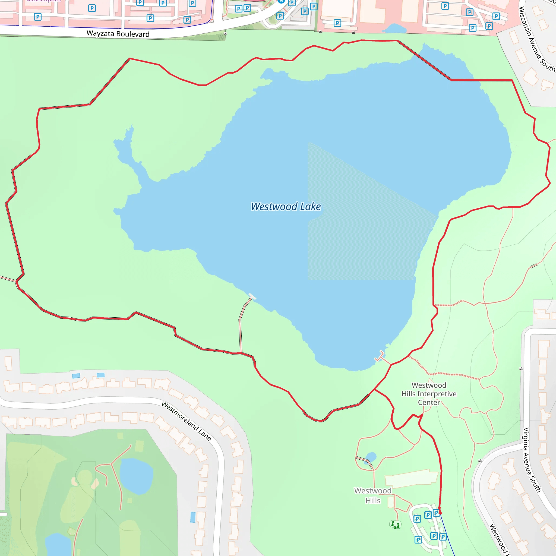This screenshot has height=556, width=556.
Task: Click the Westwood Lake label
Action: [x=286, y=207]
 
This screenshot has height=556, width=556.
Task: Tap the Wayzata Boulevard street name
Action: [x=118, y=34]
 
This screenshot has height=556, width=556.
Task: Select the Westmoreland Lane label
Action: [x=187, y=421]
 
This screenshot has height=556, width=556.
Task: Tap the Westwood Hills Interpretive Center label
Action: [x=429, y=394]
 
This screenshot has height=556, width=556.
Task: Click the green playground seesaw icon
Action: [x=395, y=524]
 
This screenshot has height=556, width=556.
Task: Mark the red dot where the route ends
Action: [x=440, y=513]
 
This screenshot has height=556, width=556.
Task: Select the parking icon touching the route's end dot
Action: [x=436, y=513]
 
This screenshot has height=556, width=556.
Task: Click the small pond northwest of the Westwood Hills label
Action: [x=371, y=457]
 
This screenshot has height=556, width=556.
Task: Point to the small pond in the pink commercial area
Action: [x=395, y=29]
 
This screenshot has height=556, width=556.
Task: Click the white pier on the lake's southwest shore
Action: [x=252, y=296]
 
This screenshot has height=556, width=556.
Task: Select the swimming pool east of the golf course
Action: [x=193, y=517]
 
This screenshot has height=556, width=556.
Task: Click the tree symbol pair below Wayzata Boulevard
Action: [x=221, y=37]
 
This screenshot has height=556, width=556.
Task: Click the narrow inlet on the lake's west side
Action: [x=127, y=150]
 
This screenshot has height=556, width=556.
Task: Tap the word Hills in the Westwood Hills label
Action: [x=373, y=501]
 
